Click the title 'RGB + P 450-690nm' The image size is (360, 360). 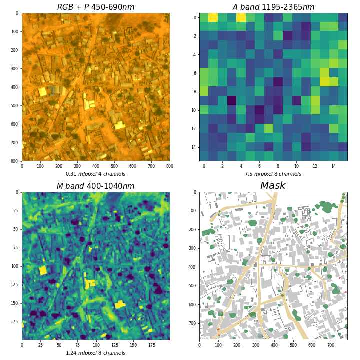tap(95, 7)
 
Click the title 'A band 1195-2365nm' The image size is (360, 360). tap(273, 7)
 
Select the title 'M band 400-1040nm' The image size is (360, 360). tap(95, 186)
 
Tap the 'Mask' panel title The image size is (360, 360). tap(273, 186)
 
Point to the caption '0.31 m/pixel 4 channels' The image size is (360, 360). tap(95, 174)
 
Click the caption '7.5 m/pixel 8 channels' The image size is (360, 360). tap(273, 174)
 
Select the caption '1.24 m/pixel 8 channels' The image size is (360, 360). tap(95, 353)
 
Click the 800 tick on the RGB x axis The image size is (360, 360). tap(169, 166)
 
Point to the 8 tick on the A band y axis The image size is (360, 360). tap(195, 91)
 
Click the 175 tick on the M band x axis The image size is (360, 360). tap(151, 345)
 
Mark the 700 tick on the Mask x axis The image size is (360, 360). tap(331, 345)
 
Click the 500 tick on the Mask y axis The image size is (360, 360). tap(192, 286)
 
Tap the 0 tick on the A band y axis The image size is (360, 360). tap(195, 17)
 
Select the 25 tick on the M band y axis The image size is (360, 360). tap(15, 211)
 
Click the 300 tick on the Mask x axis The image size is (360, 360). tap(255, 345)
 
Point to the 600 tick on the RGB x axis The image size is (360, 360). tap(133, 166)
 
